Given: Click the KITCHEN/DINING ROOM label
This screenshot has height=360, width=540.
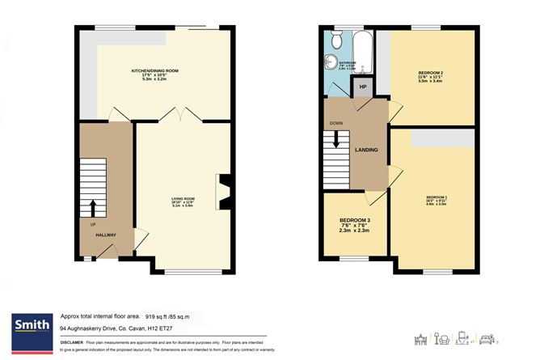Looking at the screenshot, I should point(155,71).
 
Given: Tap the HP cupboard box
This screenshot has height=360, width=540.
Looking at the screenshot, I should point(363,87).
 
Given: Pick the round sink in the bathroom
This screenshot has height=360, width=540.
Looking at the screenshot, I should point(330,61).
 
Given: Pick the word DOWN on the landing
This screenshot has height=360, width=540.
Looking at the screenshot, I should point(336,124).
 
